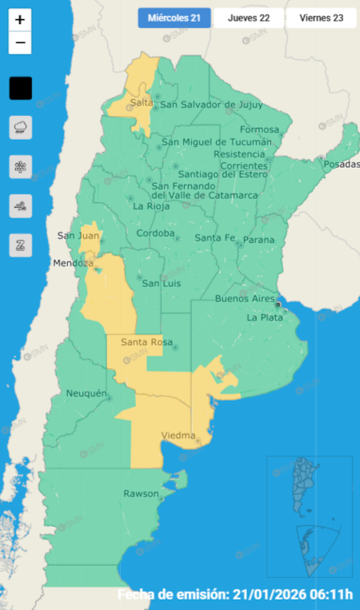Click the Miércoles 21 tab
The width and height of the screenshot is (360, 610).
pyautogui.click(x=174, y=18)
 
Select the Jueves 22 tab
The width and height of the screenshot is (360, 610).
pyautogui.click(x=248, y=18)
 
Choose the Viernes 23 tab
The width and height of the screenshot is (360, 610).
pyautogui.click(x=321, y=18)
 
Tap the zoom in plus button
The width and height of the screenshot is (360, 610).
pyautogui.click(x=20, y=20)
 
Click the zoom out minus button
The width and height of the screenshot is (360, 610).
pyautogui.click(x=20, y=43)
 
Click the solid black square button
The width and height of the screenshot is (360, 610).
pyautogui.click(x=21, y=88)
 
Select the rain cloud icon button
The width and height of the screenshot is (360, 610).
pyautogui.click(x=21, y=127)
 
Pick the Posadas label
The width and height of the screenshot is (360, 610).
pyautogui.click(x=342, y=164)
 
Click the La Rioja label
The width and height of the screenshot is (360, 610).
pyautogui.click(x=150, y=205)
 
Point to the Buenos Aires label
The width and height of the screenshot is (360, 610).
pyautogui.click(x=245, y=298)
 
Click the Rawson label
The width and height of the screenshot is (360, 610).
pyautogui.click(x=141, y=493)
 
